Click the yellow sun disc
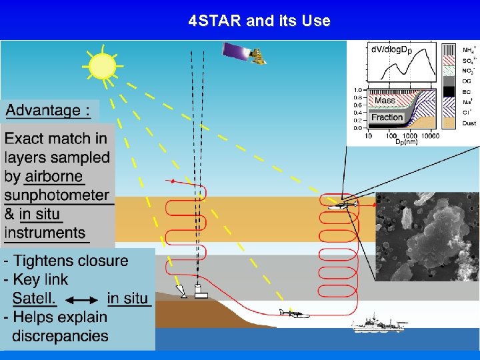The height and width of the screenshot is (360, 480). [x=103, y=67]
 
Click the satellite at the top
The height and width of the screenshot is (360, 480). [x=243, y=53]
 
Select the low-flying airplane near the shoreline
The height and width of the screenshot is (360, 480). [x=294, y=313]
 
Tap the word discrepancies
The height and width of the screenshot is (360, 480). [x=60, y=335]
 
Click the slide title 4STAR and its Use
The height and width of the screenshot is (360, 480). [x=259, y=21]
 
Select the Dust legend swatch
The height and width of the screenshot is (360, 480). [x=449, y=123]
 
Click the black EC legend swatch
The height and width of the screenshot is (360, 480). [x=449, y=91]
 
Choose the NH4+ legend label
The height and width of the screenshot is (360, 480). [x=469, y=50]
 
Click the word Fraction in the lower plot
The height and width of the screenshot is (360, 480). [x=387, y=117]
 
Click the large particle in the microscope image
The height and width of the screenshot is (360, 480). [x=437, y=233]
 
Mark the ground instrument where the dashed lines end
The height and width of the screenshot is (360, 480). [x=199, y=291]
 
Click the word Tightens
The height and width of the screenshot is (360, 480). [x=49, y=261]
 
